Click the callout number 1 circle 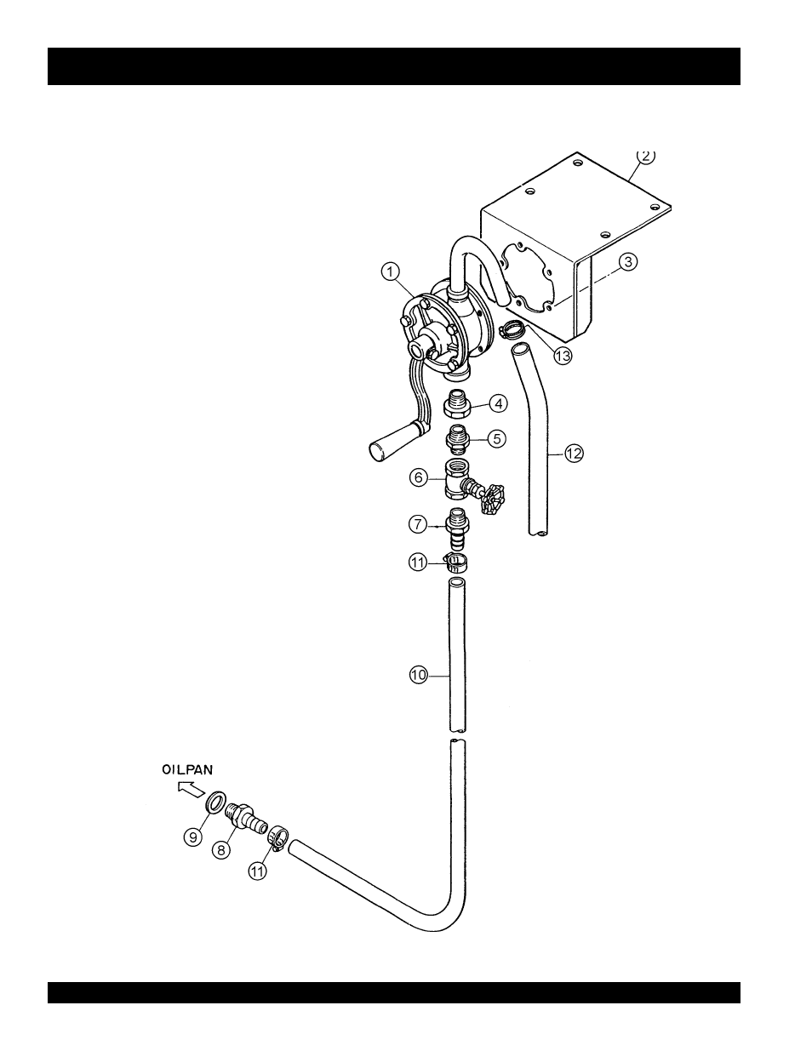click(391, 271)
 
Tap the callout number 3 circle click(628, 261)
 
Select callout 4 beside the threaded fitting click(498, 403)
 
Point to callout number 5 click(497, 438)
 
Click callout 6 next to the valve click(419, 477)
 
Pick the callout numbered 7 click(418, 524)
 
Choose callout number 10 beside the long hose click(419, 675)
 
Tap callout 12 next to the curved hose click(574, 454)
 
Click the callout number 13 click(563, 357)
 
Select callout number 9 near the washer click(193, 837)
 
